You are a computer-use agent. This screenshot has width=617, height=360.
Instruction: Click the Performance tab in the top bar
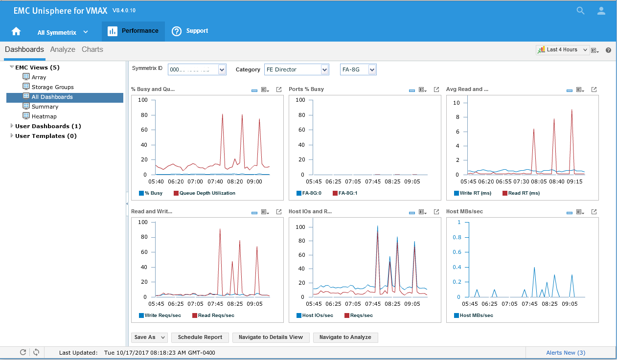[133, 31]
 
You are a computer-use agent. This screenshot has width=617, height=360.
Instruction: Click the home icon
[16, 31]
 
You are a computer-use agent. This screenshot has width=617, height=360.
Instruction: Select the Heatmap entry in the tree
[44, 116]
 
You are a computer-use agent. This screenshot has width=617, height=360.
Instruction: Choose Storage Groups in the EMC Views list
[52, 87]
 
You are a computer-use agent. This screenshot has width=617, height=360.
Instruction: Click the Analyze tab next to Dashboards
[63, 49]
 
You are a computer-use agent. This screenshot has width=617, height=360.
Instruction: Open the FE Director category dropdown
[297, 69]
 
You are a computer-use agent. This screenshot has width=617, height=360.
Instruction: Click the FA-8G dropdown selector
[358, 69]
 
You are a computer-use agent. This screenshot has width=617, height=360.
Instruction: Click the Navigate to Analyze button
[345, 337]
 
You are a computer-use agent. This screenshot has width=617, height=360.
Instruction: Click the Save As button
[149, 337]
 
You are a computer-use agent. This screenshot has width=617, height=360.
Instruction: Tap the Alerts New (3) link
[566, 353]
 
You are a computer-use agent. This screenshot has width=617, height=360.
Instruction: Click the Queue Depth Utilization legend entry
[207, 193]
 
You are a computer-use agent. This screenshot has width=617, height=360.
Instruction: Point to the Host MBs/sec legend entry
[476, 315]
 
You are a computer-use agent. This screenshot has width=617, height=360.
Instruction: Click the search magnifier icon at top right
[580, 11]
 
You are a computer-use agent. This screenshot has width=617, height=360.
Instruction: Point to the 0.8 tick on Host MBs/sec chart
[457, 237]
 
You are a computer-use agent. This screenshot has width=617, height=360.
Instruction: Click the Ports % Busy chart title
[306, 90]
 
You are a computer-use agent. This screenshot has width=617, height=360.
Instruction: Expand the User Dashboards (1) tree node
[12, 126]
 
